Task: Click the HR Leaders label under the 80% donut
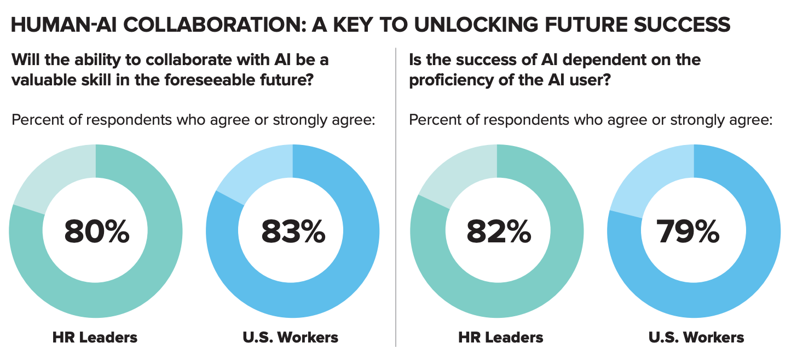point(95,337)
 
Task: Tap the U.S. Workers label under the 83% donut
point(291,337)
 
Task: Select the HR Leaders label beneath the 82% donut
point(501,337)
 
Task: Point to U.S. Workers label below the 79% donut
point(696,337)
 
